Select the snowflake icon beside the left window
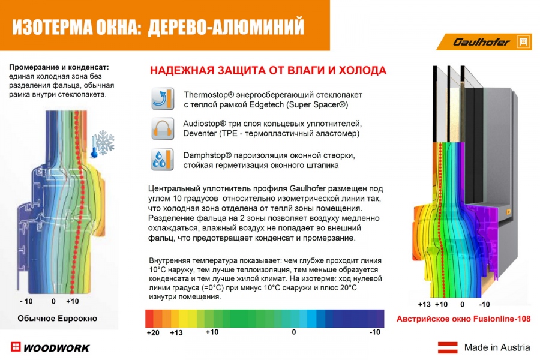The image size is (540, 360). coord(103,143)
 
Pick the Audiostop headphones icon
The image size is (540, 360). coord(161,129)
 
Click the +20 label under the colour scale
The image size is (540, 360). coord(153,333)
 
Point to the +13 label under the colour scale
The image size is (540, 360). coord(176,333)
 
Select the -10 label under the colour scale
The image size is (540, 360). coord(375,332)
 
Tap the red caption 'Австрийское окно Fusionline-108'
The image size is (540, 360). coord(464,320)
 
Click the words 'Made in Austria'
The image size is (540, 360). coord(497,347)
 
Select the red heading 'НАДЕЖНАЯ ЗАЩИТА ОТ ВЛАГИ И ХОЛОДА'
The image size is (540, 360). coord(268,71)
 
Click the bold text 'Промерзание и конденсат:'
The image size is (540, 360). coord(59,67)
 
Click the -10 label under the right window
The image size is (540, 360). coord(484,304)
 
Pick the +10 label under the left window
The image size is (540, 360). coord(73,301)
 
